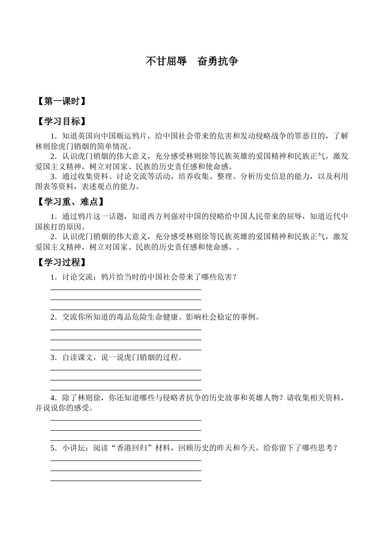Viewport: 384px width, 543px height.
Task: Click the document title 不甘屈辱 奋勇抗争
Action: click(x=192, y=61)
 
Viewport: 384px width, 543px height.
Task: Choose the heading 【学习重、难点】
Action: click(x=70, y=202)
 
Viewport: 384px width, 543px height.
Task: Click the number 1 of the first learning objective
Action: click(x=53, y=136)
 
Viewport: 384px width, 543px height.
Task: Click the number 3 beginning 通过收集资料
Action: click(x=53, y=176)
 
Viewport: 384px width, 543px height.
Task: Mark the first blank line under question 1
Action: click(x=126, y=289)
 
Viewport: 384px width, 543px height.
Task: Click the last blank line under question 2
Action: click(x=126, y=349)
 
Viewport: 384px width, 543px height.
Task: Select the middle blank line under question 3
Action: click(x=126, y=380)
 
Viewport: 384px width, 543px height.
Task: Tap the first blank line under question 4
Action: click(x=126, y=420)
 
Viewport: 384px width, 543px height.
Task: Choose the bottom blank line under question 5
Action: click(x=126, y=480)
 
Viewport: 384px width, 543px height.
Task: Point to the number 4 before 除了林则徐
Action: click(x=53, y=398)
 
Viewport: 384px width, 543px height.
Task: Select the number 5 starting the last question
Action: click(x=53, y=448)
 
